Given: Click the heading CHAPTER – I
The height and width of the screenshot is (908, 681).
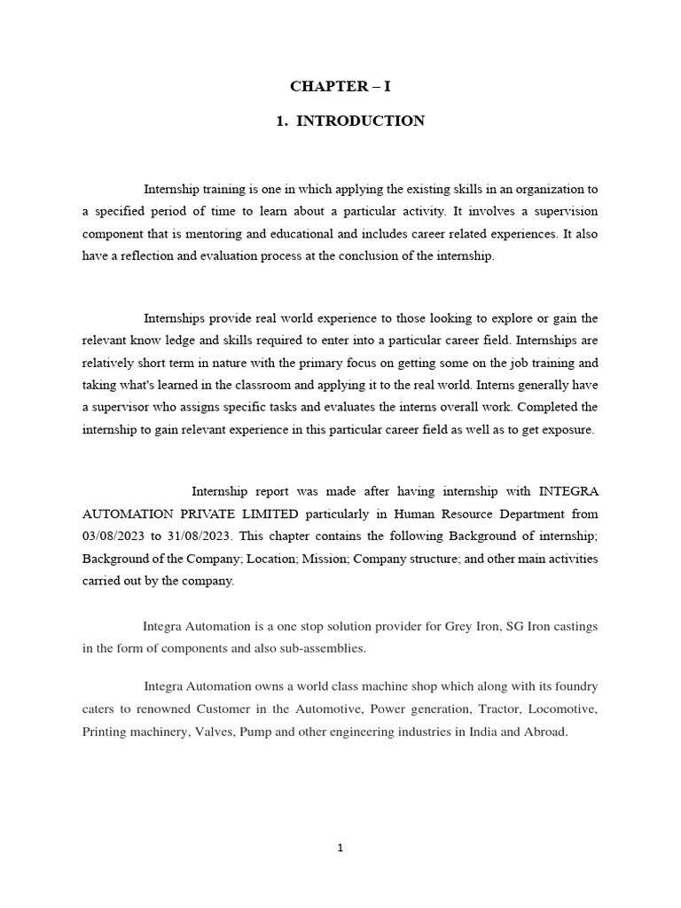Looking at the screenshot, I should coord(340,87).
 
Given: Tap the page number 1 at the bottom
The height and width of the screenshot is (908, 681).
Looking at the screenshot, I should coord(340,848).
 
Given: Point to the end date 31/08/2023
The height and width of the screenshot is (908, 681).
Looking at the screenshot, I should coord(204,536).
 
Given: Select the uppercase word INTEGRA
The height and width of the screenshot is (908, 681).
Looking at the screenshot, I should coord(567,490).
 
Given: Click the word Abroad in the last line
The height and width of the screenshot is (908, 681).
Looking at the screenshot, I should coord(543,733).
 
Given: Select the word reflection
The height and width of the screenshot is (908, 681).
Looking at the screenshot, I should coord(148,256).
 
